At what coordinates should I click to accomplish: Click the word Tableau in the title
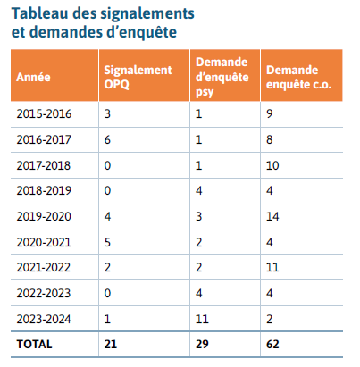point(40,13)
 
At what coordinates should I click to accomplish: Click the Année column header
point(33,77)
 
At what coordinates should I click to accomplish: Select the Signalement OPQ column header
point(138,77)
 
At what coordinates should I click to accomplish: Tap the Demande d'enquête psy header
point(222,77)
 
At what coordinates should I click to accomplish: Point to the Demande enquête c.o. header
point(298,77)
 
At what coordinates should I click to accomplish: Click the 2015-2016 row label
point(44,114)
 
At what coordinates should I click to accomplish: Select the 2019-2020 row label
point(44,216)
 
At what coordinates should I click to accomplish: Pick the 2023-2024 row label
point(44,319)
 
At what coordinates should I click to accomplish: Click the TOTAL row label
point(34,344)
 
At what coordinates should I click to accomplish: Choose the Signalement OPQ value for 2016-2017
point(107,139)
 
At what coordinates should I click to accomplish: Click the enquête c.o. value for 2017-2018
point(272,165)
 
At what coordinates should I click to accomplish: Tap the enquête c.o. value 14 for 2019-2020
point(272,216)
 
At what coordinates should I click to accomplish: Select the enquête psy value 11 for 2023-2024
point(202,319)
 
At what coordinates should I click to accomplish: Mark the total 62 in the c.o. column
point(272,344)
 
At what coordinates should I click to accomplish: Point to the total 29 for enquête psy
point(202,344)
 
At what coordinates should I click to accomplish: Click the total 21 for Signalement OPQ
point(111,344)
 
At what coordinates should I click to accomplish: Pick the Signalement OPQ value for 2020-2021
point(107,242)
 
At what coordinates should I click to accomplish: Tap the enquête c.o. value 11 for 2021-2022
point(272,267)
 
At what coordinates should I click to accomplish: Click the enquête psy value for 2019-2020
point(199,216)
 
